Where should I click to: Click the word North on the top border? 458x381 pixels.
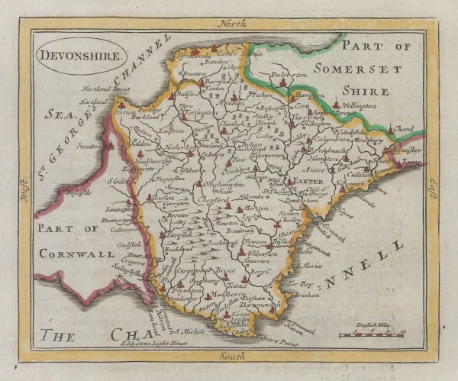(x=234, y=24)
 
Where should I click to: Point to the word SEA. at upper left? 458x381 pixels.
(x=53, y=114)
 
